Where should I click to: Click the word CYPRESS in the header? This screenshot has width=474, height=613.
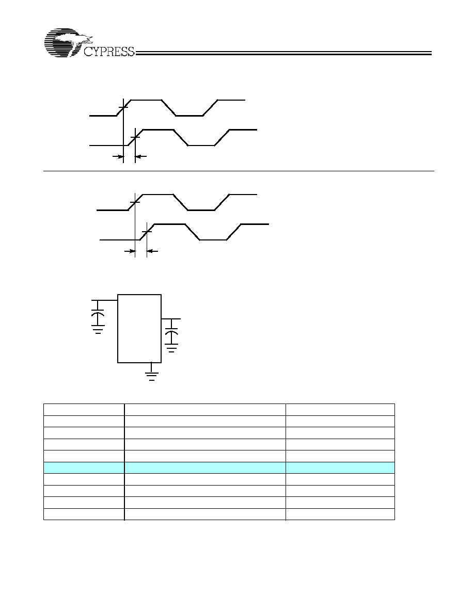pos(109,52)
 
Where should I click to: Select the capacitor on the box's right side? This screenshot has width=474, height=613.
pos(172,336)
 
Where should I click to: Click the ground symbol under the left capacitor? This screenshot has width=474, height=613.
pos(98,331)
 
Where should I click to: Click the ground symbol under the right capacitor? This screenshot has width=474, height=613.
pos(172,349)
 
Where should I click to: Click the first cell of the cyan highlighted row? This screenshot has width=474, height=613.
pos(84,467)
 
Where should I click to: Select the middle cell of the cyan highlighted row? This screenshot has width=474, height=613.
pos(205,467)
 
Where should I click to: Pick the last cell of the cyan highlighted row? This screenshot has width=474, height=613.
pos(340,467)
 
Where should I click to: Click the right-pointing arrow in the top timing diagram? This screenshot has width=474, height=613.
pos(117,156)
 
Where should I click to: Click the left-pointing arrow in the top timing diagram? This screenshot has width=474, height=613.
pos(141,156)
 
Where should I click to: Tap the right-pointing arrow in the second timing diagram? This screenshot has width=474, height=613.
pos(130,251)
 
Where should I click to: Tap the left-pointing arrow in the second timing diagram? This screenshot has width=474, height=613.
pos(152,251)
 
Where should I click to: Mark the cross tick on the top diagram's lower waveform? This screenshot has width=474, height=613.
pos(135,137)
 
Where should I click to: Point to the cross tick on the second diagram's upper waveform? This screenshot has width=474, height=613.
pos(135,202)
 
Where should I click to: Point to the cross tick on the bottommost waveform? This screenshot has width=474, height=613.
pos(147,232)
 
